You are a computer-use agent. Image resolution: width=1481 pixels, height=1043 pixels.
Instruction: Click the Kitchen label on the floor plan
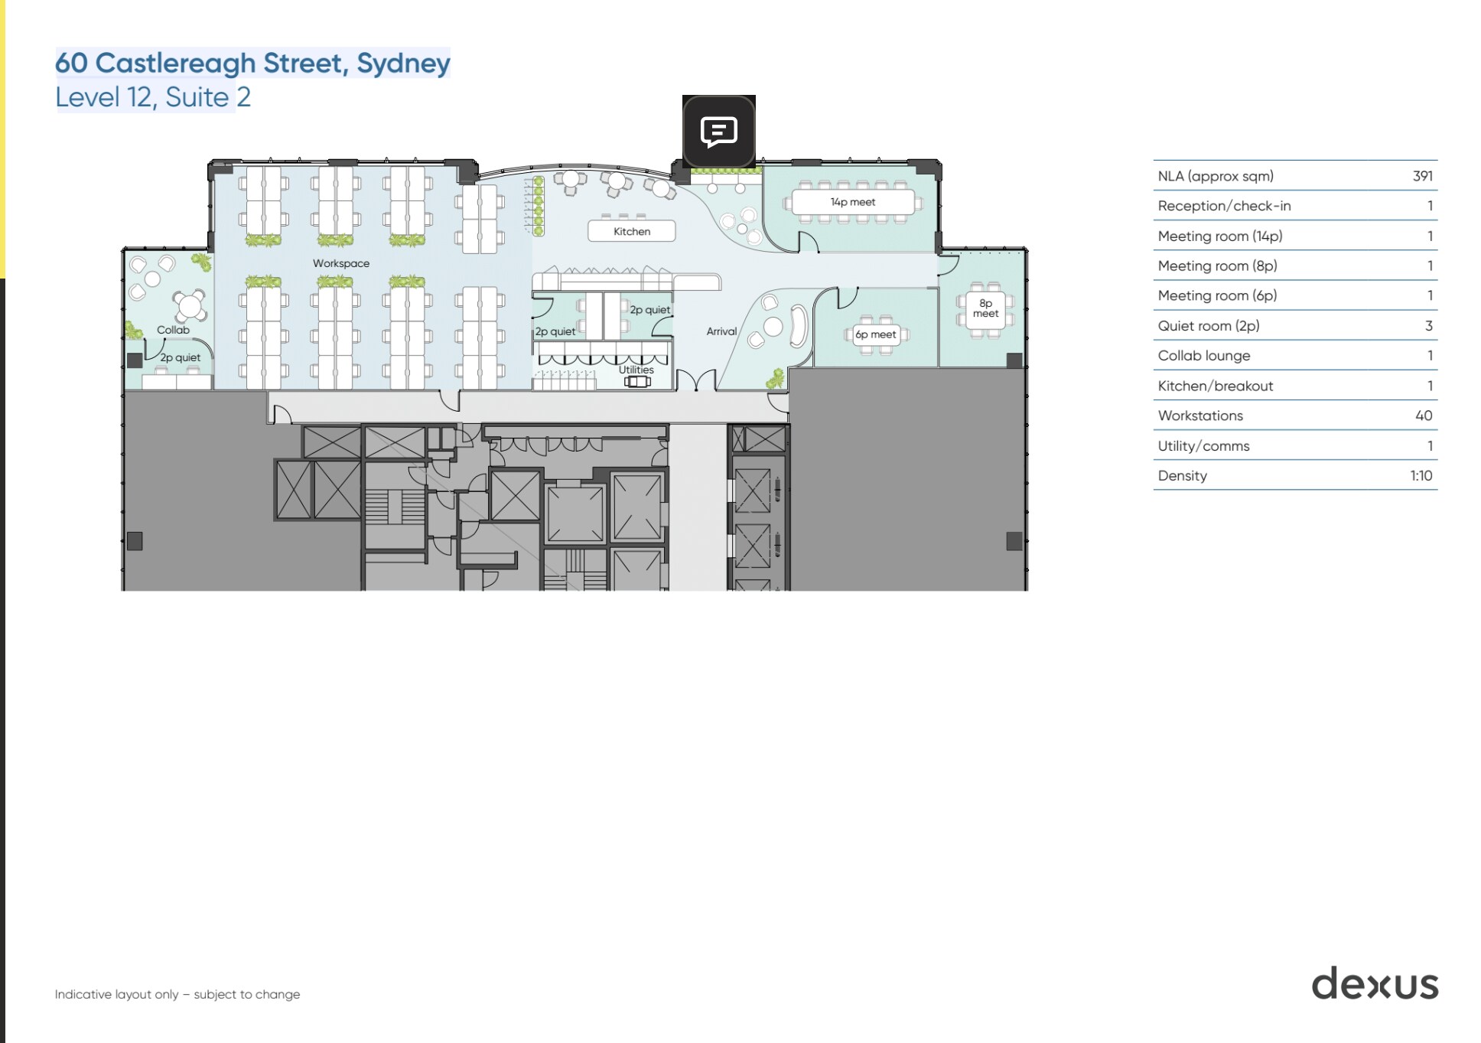631,231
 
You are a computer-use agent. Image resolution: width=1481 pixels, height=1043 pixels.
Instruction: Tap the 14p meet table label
852,202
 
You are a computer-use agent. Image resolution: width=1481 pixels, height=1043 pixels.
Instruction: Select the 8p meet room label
985,308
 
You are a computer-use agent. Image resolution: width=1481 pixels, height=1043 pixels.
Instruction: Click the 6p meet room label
875,334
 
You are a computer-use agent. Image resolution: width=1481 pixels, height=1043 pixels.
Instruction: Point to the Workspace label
340,263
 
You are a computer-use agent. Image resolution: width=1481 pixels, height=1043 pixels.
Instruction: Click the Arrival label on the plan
721,331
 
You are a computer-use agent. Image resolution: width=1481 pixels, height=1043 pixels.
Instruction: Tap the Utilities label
636,370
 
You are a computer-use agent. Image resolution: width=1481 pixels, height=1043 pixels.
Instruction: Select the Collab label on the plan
173,330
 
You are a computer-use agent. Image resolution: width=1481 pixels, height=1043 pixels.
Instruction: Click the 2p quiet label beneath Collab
181,357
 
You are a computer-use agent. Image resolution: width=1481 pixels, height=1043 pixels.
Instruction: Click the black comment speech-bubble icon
718,132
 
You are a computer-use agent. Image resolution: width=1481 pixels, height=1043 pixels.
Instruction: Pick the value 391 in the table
1422,176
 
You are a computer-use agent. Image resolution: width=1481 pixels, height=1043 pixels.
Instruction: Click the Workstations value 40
1423,416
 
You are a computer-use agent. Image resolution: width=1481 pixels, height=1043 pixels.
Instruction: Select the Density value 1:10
1421,475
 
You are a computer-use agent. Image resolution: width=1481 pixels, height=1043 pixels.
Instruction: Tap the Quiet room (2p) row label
1208,326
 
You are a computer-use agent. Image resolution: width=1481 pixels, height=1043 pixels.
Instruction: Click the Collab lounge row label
1203,356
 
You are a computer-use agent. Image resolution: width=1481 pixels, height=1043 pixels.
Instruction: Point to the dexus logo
1375,983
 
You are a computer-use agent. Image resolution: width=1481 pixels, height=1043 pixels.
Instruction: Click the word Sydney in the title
403,63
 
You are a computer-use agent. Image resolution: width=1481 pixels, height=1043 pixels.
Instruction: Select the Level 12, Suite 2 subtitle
153,97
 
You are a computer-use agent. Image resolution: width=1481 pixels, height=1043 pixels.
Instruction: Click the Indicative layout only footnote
177,994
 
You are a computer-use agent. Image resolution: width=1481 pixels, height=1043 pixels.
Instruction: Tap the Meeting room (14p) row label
1219,236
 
